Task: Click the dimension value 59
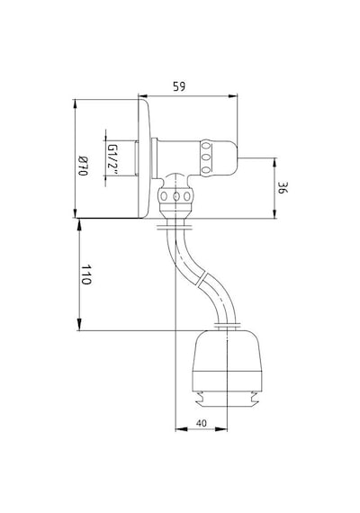coord(179,86)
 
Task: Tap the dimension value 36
coord(282,188)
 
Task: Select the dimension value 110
coord(86,274)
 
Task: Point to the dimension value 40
coord(202,423)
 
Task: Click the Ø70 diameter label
coord(83,166)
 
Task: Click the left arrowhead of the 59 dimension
coord(142,96)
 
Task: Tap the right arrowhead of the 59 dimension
coord(233,96)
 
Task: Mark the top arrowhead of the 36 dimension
coord(274,162)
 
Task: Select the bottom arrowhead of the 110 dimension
coord(79,326)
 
